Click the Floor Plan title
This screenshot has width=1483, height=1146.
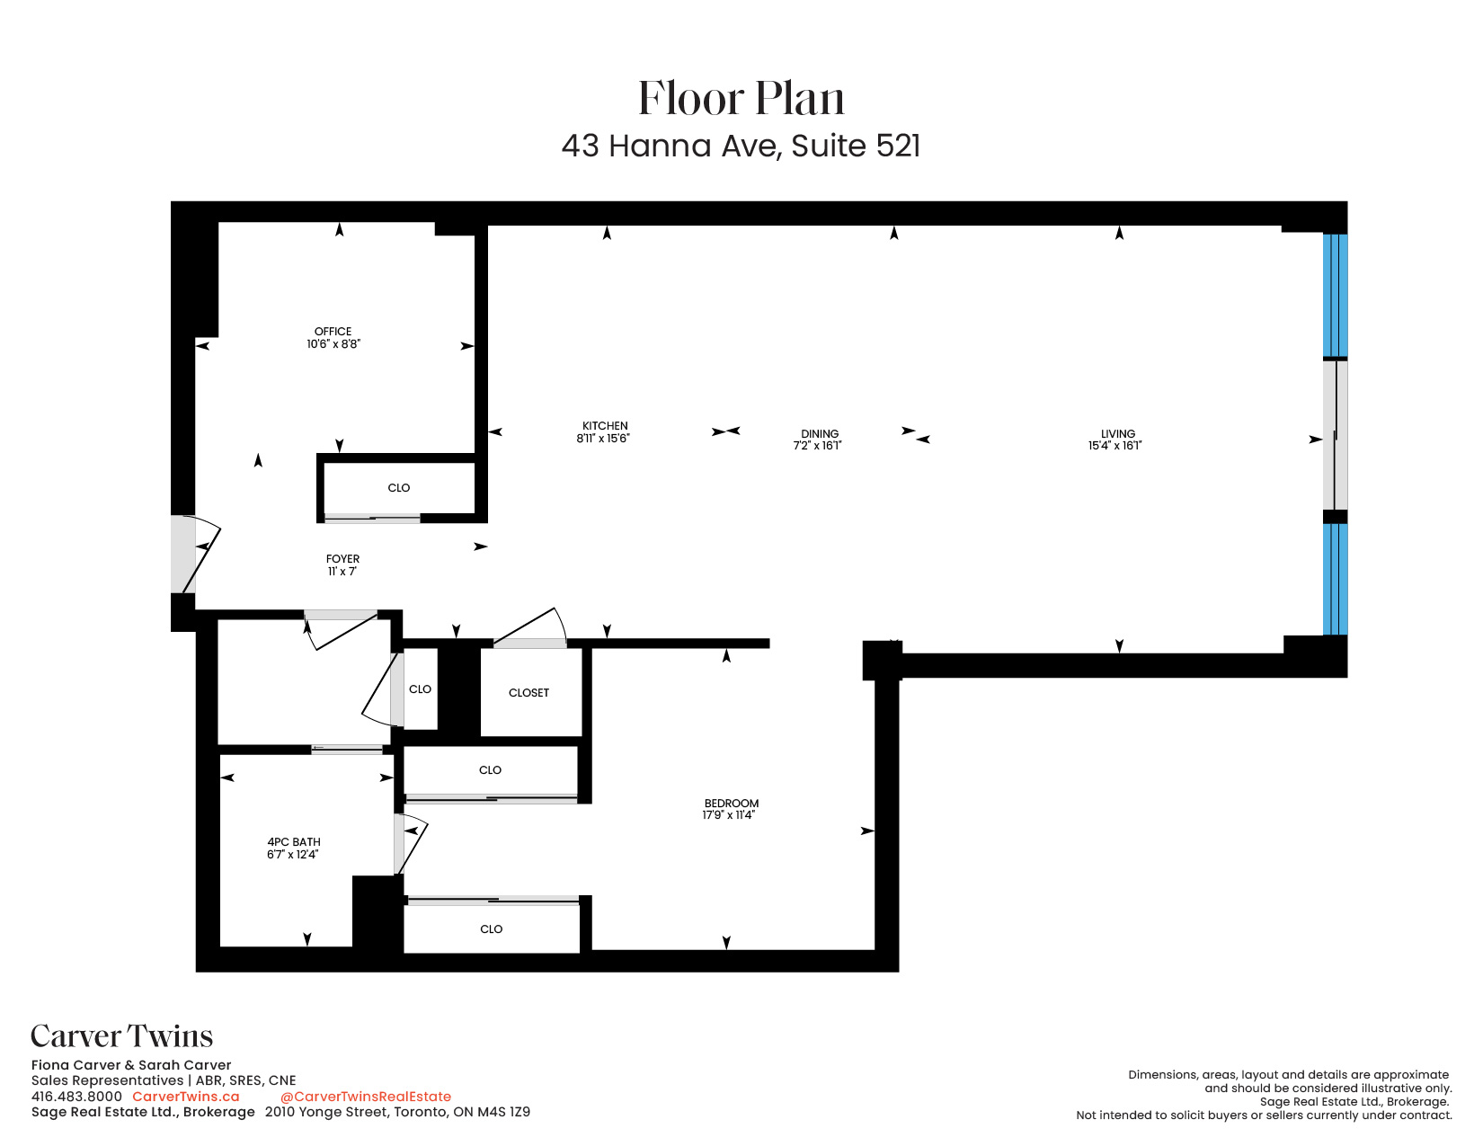(x=741, y=98)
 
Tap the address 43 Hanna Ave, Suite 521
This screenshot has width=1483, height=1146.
(x=741, y=146)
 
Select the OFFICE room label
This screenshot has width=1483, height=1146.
(x=333, y=332)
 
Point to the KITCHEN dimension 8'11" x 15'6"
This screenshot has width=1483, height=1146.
(x=603, y=439)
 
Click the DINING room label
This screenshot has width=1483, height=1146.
(x=819, y=433)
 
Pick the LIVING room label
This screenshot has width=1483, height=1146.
(x=1117, y=433)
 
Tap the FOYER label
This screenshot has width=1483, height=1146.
(x=342, y=559)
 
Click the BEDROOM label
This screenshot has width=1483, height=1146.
(x=731, y=804)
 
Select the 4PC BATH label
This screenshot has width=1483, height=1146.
(x=293, y=842)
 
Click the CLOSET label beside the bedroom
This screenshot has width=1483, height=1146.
(x=528, y=693)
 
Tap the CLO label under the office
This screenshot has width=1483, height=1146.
(x=398, y=488)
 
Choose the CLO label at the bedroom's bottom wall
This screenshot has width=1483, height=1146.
(x=491, y=929)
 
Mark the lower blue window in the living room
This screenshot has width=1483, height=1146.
(x=1335, y=579)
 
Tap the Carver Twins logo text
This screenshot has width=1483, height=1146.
(x=122, y=1036)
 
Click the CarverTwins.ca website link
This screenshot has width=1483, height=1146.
(x=186, y=1097)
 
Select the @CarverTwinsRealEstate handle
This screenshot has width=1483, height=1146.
(x=366, y=1097)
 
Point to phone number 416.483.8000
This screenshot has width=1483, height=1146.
(x=76, y=1097)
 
